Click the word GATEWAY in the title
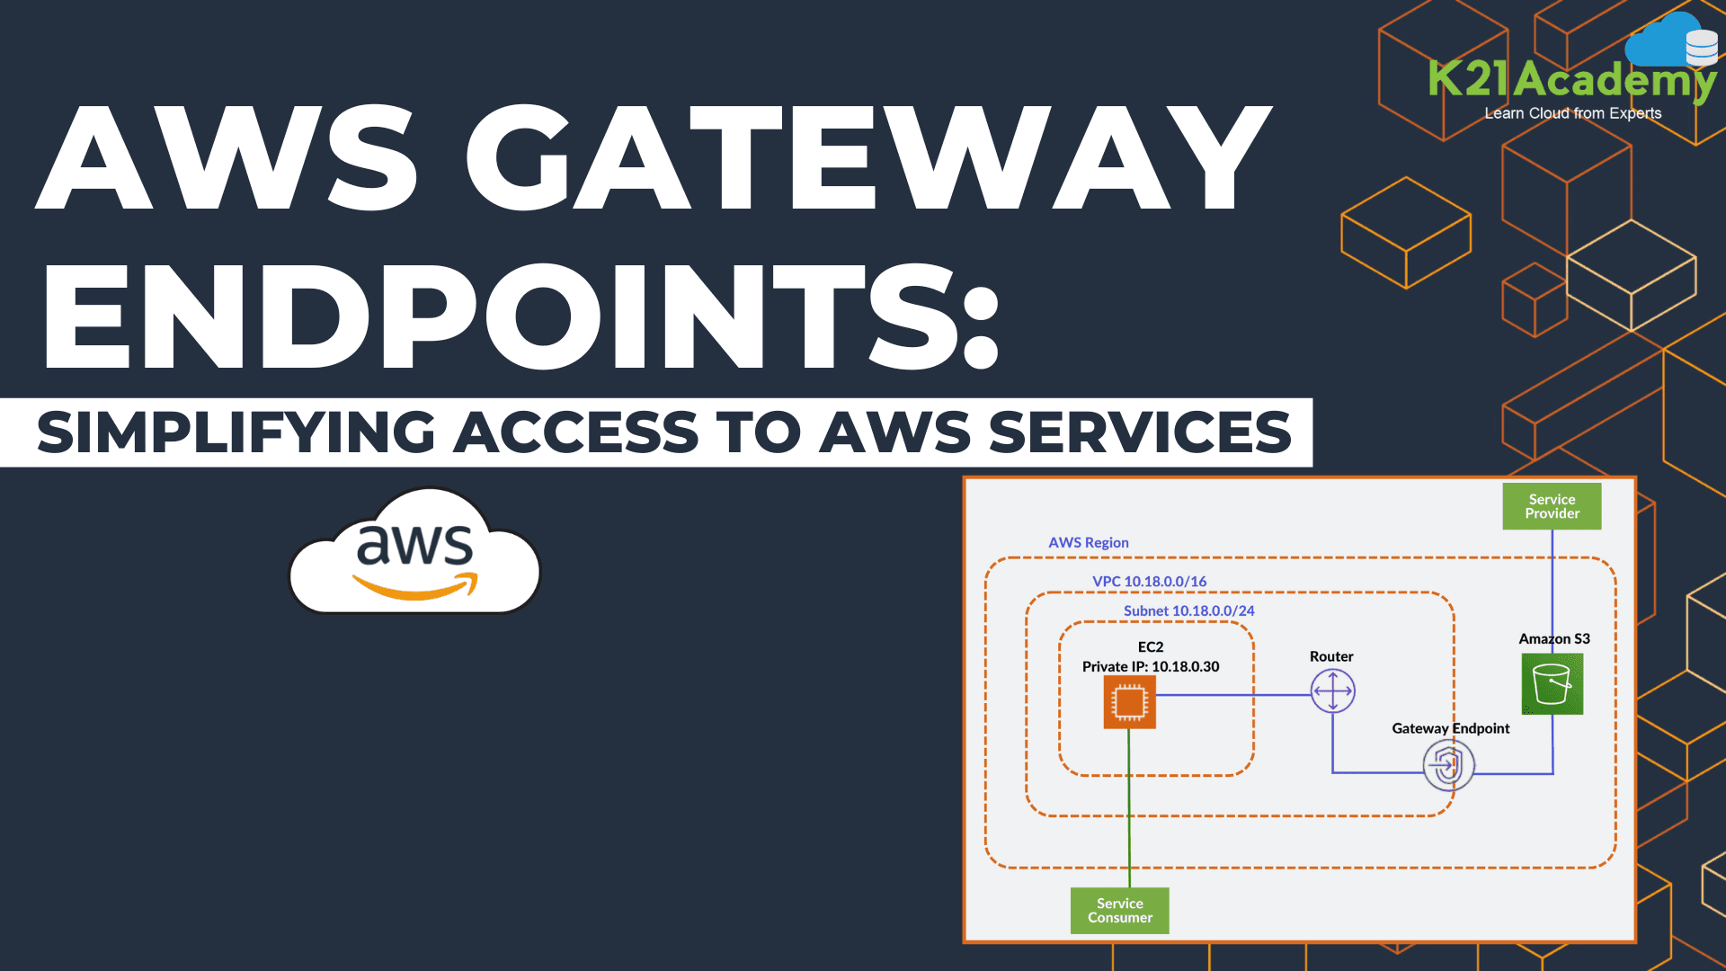[867, 157]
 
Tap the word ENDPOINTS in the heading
[521, 317]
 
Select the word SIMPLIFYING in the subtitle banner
[236, 432]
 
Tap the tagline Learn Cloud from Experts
[1572, 113]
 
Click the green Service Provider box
[1552, 506]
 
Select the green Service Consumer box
[1119, 910]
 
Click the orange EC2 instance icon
[1129, 702]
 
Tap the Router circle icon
[1332, 691]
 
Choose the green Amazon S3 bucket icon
[1552, 684]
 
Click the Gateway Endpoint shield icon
[1448, 766]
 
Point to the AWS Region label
[1088, 543]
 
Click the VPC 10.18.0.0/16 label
[1149, 582]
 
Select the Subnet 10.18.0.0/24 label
[1188, 611]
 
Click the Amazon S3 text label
[1553, 639]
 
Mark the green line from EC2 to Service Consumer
[1129, 809]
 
